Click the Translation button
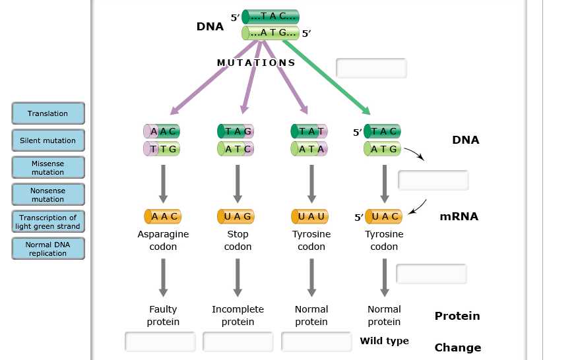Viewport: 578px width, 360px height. (x=48, y=113)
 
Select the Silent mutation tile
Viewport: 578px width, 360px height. (x=48, y=140)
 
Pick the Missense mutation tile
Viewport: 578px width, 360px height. (x=48, y=167)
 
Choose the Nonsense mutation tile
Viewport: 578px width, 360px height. (x=48, y=195)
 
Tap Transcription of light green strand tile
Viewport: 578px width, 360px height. (x=48, y=222)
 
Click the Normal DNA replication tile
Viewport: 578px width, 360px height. (x=48, y=249)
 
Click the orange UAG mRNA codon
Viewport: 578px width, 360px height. (x=236, y=216)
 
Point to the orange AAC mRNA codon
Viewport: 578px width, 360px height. (x=162, y=216)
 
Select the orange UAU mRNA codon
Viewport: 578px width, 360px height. (x=309, y=216)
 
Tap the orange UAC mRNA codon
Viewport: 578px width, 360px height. (x=383, y=216)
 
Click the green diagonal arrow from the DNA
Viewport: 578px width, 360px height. (x=327, y=77)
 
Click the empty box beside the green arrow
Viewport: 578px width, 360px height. (x=371, y=68)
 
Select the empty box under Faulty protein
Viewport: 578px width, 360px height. (x=160, y=342)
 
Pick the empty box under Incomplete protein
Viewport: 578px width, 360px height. (x=238, y=342)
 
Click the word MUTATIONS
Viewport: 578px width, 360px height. (x=256, y=63)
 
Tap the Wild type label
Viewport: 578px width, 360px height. (x=384, y=341)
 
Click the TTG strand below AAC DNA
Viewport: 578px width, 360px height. (x=162, y=149)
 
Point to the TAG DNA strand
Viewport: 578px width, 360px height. (x=236, y=131)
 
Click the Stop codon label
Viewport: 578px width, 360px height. (x=238, y=240)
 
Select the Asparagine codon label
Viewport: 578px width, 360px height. (x=163, y=240)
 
